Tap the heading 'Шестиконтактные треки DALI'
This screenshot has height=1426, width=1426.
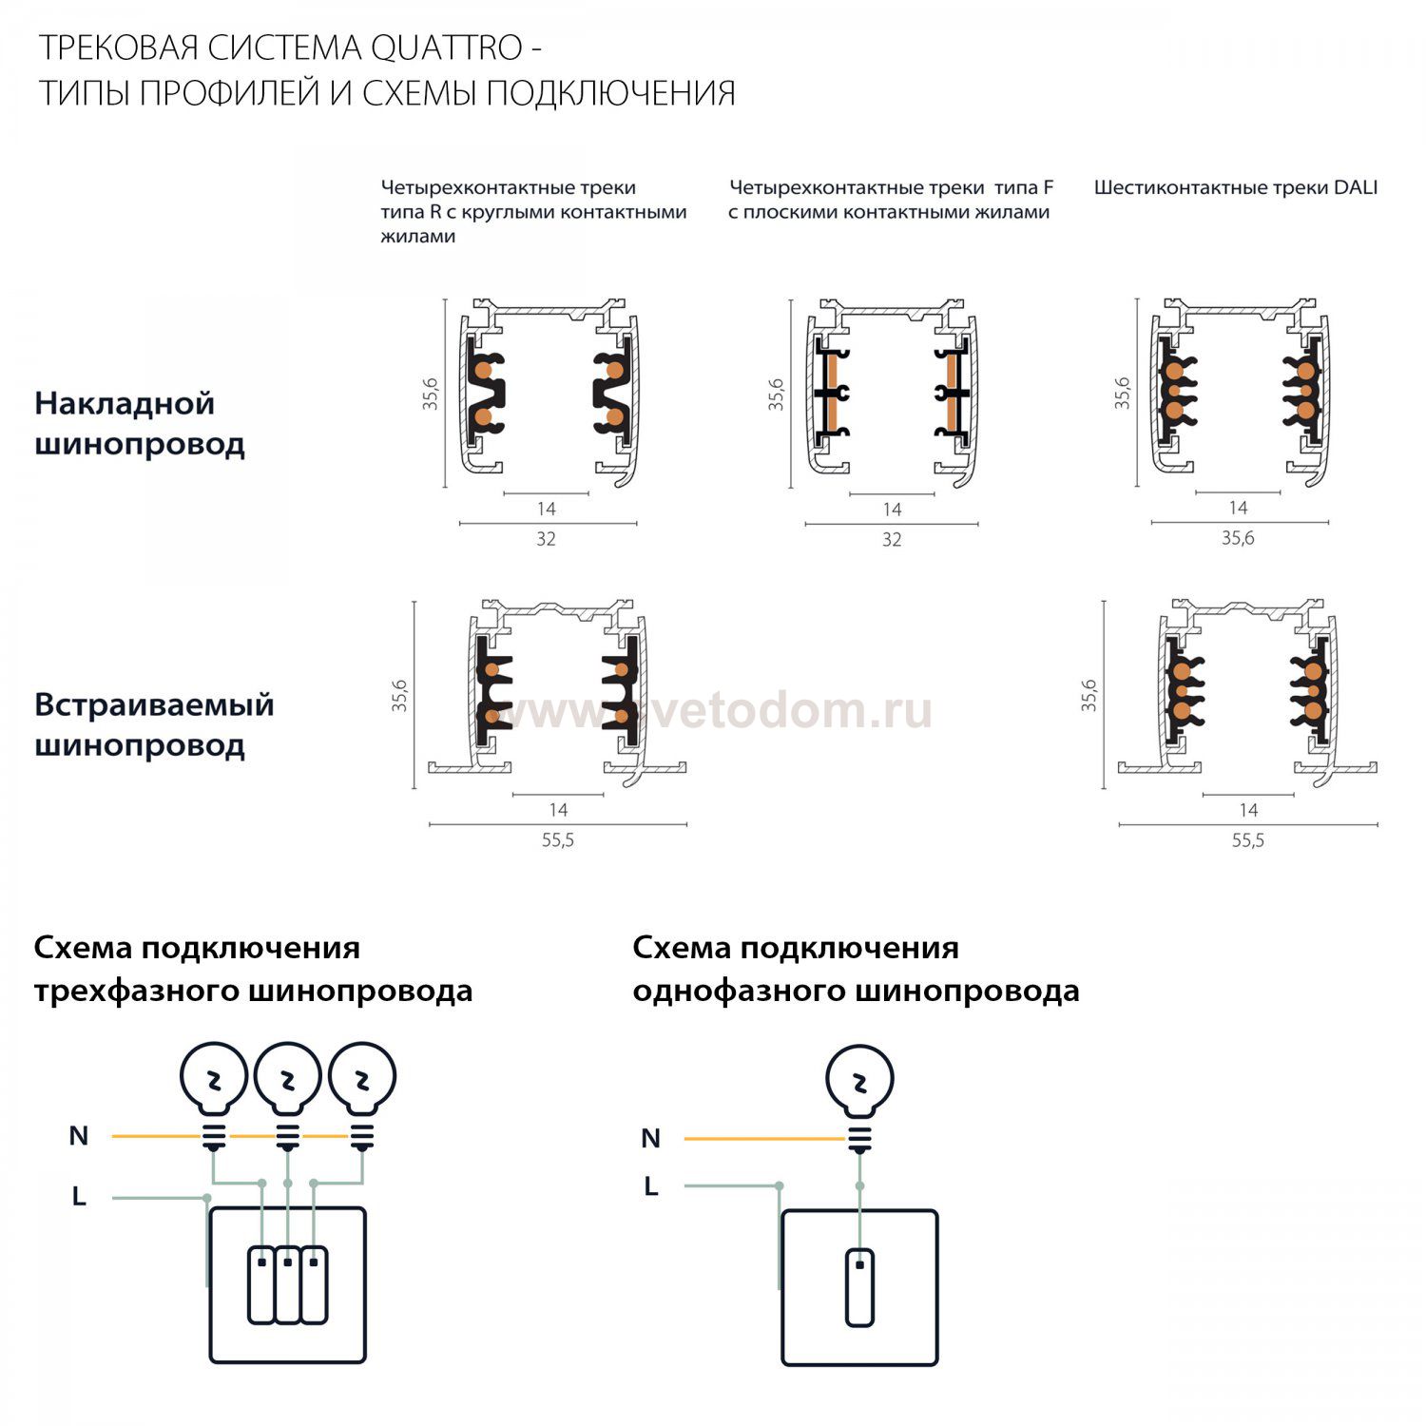[1236, 187]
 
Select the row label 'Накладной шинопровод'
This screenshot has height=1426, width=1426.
[140, 423]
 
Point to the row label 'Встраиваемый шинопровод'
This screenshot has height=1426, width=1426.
[154, 724]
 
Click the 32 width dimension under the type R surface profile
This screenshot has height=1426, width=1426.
[546, 539]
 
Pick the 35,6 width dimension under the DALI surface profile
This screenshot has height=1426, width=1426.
[1238, 538]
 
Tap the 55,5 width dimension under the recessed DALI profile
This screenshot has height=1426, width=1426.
[1248, 840]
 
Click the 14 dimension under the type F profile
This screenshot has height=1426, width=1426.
[892, 510]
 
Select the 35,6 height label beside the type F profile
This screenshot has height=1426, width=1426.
[777, 394]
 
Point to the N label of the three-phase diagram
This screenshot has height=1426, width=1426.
[79, 1136]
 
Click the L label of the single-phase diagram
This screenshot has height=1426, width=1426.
[651, 1186]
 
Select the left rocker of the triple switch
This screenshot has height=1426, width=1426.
[261, 1284]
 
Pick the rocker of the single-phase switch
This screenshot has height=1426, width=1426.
[859, 1287]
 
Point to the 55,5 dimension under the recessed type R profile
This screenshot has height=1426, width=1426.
[558, 840]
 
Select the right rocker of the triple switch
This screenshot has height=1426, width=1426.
[314, 1284]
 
